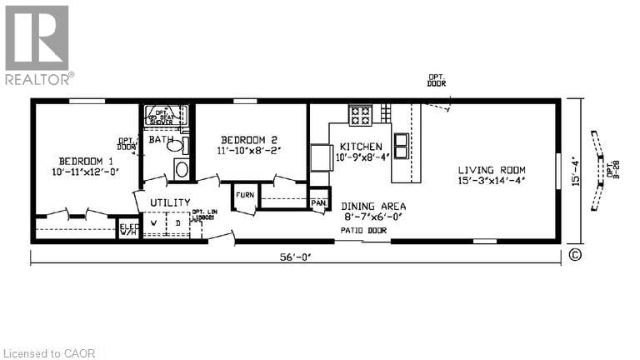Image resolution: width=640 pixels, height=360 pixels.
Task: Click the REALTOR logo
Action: point(37,45)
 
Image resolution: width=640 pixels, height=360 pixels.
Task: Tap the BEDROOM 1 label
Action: point(86,161)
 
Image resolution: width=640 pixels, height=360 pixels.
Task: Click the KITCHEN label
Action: point(361,147)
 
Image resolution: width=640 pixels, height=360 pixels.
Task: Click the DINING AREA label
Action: point(373,206)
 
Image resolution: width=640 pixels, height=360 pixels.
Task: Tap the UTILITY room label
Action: point(170,202)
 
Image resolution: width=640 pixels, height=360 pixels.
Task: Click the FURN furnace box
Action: point(244,196)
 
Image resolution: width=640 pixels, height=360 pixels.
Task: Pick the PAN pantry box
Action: point(318,202)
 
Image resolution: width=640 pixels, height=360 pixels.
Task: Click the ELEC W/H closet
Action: point(128,227)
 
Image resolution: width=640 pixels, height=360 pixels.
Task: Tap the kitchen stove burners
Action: point(361,114)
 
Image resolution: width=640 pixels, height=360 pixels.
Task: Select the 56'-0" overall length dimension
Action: point(296,257)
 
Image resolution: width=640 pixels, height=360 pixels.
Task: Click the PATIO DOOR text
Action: point(357,229)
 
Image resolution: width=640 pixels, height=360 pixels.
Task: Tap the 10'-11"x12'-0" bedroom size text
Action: point(87,172)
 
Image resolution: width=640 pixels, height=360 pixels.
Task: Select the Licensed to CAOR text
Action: point(50,353)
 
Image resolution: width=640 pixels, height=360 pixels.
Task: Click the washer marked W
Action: point(153,223)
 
